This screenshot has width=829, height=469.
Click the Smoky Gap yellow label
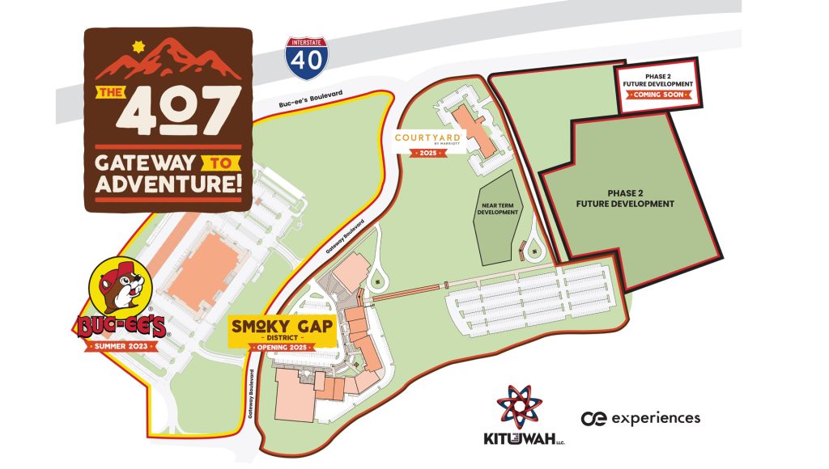click(x=283, y=328)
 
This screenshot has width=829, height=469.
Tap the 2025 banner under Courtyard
click(x=428, y=153)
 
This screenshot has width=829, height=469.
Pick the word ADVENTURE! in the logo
click(x=168, y=184)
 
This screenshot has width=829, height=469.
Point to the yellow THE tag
click(x=108, y=92)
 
